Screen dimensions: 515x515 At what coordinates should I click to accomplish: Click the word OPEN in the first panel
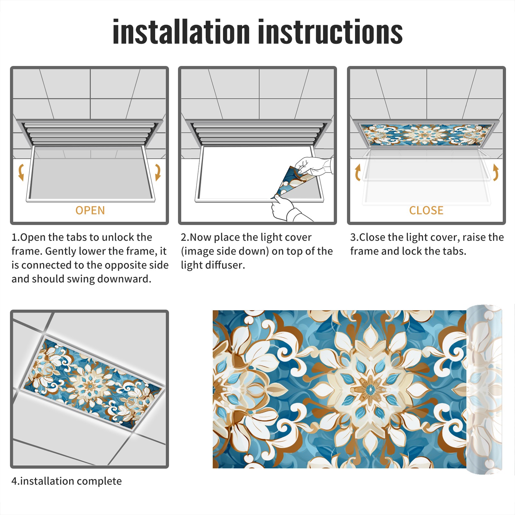pos(90,211)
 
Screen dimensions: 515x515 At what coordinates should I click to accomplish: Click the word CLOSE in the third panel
pos(426,211)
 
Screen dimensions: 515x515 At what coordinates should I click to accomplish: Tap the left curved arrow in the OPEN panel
pos(21,172)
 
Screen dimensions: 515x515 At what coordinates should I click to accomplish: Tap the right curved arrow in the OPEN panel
pos(158,172)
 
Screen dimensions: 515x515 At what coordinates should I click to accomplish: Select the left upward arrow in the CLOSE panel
pos(358,172)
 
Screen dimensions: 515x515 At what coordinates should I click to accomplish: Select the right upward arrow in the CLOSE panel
pos(496,172)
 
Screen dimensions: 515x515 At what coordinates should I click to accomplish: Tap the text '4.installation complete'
pos(67,481)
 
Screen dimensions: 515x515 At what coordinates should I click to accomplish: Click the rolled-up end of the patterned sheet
pos(484,389)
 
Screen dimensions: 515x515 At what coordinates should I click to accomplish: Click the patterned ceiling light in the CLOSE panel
pos(426,134)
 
